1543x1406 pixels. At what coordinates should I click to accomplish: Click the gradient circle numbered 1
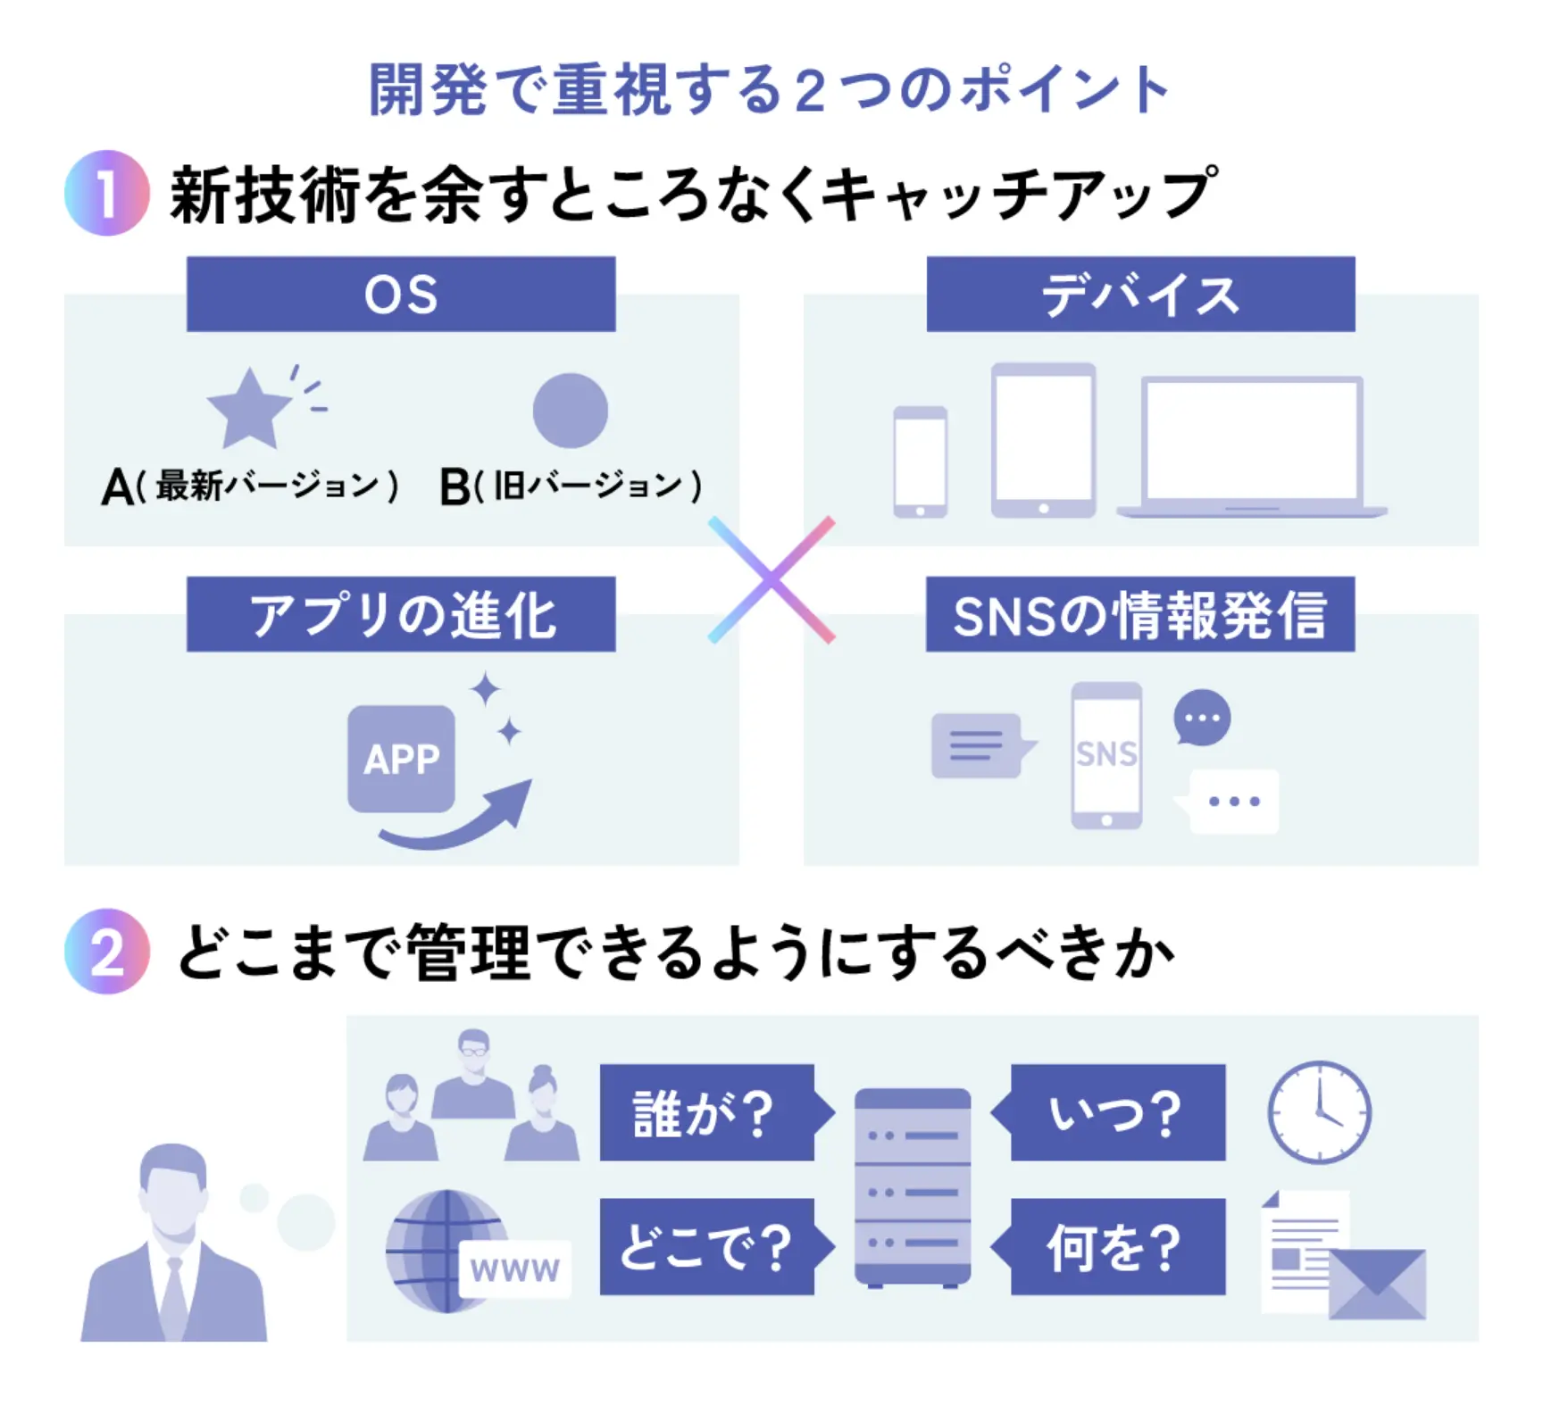coord(106,193)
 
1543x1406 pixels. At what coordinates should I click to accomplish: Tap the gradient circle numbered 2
coord(106,952)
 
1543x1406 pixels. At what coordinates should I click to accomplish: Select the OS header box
coord(401,294)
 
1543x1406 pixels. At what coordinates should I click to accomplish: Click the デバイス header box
coord(1140,294)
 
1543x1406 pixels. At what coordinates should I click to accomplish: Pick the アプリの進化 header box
coord(401,614)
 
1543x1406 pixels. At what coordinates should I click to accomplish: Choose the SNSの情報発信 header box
coord(1140,614)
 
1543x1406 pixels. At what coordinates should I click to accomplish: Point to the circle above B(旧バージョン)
coord(570,411)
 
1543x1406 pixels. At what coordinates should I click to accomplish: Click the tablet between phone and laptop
coord(1043,439)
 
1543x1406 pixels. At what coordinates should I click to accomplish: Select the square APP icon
coord(401,759)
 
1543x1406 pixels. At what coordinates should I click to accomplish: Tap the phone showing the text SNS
coord(1106,755)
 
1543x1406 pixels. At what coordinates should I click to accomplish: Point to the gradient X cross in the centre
coord(771,580)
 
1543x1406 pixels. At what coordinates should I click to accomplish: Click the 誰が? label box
coord(707,1112)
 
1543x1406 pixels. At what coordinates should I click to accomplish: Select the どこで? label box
coord(707,1246)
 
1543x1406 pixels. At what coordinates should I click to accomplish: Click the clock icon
coord(1319,1112)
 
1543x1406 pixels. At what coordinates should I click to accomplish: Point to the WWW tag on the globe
coord(514,1269)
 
